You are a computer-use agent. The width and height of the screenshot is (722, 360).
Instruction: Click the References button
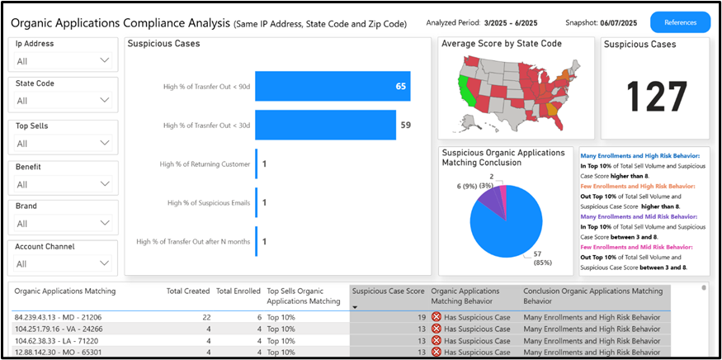click(679, 22)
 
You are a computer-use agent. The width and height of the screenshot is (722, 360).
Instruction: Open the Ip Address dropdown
click(63, 60)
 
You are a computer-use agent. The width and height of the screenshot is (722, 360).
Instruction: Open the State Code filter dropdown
click(63, 101)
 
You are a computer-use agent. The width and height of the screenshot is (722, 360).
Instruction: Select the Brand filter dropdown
click(63, 224)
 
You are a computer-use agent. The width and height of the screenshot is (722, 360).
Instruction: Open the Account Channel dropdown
click(63, 264)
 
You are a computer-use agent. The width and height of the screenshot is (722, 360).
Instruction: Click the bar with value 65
click(333, 86)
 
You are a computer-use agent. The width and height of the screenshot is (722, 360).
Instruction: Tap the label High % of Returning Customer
click(205, 164)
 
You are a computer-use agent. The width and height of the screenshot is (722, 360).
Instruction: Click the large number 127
click(657, 97)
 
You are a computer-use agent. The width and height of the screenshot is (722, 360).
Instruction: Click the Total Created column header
click(188, 291)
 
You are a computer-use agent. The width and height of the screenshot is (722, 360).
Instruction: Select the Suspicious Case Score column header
click(388, 291)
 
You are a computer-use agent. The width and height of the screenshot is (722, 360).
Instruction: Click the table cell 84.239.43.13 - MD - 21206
click(59, 317)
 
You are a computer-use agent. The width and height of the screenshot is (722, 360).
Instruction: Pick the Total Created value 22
click(206, 317)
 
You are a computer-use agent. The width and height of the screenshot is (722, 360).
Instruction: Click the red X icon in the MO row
click(437, 351)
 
